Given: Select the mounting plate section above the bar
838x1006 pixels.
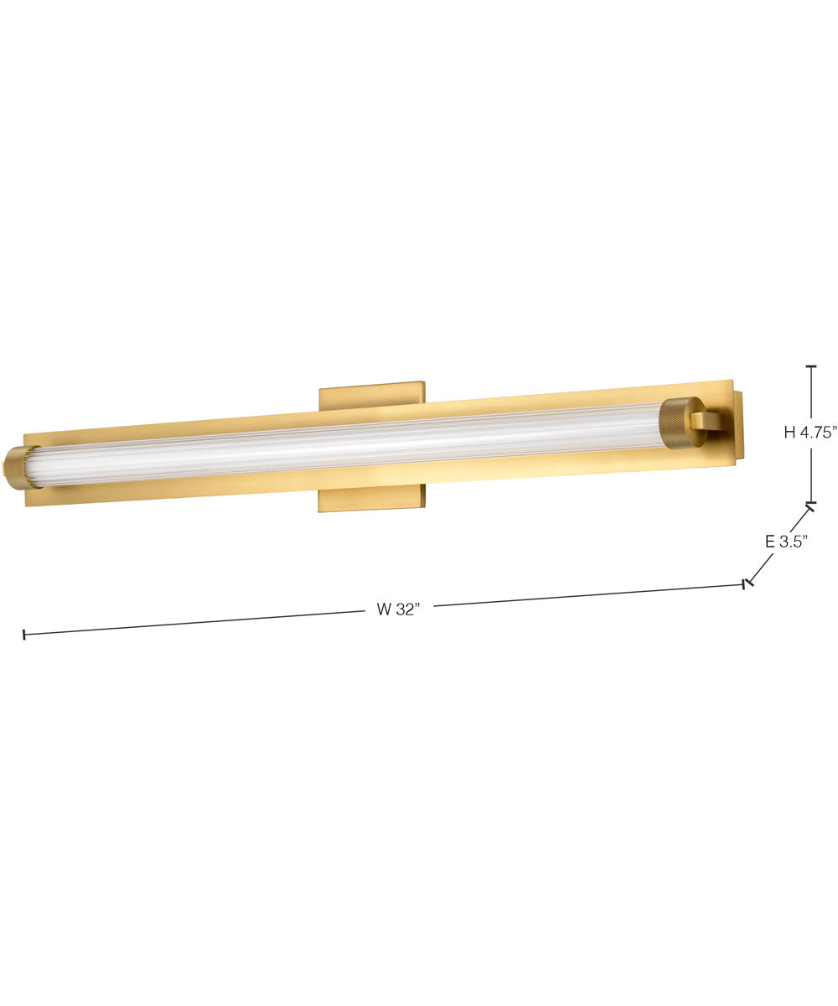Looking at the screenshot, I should point(371,397).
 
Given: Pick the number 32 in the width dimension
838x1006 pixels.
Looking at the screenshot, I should point(406,609).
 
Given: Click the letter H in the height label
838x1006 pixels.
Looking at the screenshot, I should point(789,433).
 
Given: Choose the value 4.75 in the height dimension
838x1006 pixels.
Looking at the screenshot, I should point(818,433).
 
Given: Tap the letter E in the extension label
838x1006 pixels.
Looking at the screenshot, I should point(769,542).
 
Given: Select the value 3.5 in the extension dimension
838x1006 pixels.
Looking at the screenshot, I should point(792,542).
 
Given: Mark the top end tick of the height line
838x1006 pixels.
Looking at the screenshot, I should point(810,366).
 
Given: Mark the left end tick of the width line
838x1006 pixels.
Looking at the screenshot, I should point(24,635).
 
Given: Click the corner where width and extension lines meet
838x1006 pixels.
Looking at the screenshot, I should point(746,583).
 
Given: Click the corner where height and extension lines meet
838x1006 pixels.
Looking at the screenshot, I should point(810,505).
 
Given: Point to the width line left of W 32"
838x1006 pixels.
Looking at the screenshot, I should point(193,622).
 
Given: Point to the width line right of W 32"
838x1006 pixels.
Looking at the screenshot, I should point(587,594).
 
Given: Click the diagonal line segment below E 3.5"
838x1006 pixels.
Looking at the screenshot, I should point(761,568).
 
